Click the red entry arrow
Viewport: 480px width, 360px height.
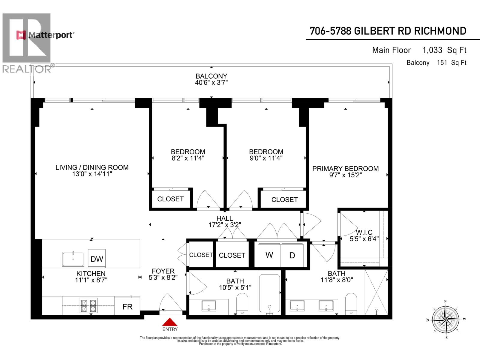click(170, 322)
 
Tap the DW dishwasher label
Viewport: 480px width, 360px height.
click(97, 259)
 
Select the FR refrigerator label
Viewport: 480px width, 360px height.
click(127, 307)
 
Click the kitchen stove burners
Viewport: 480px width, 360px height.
click(88, 305)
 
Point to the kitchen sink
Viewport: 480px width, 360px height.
click(73, 259)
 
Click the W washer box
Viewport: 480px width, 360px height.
click(269, 255)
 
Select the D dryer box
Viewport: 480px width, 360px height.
click(292, 255)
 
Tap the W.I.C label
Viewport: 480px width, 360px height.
click(364, 232)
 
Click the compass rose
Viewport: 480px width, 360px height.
click(445, 319)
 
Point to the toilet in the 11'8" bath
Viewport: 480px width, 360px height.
click(351, 304)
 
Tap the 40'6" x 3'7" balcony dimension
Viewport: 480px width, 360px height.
click(211, 82)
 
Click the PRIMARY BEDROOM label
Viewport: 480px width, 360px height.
click(345, 169)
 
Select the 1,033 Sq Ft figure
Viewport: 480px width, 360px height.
click(444, 50)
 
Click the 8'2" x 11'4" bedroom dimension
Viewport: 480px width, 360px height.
click(188, 158)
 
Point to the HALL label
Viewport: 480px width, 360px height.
click(225, 218)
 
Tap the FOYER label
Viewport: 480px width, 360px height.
click(163, 271)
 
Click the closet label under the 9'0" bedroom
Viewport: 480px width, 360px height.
click(284, 199)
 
